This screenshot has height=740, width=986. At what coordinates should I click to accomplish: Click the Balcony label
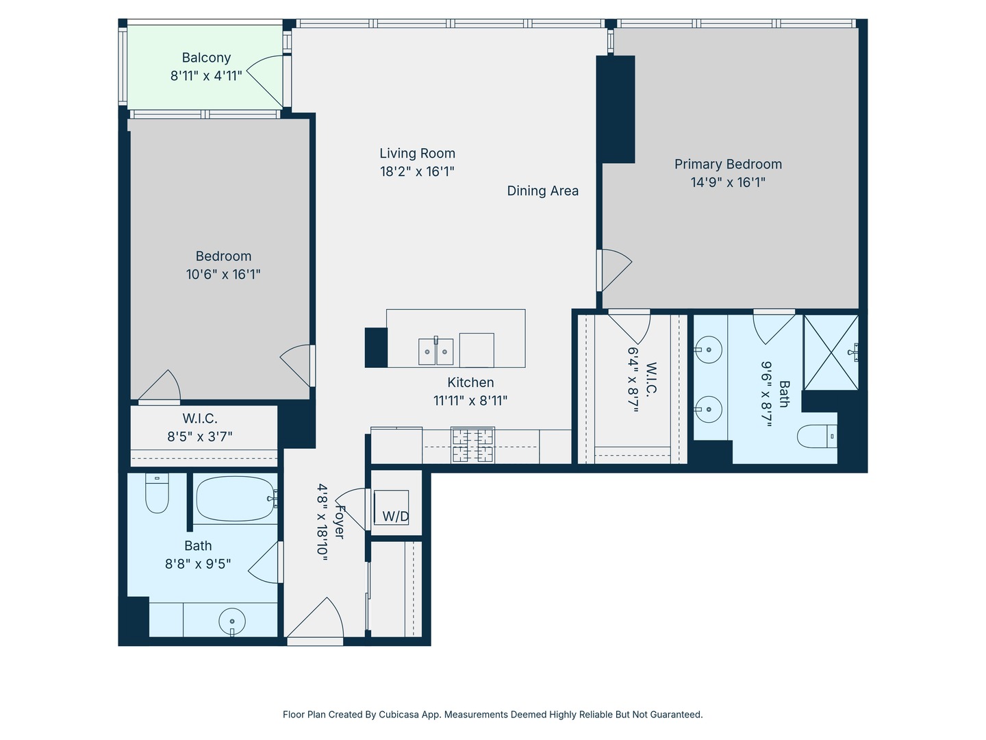(x=206, y=58)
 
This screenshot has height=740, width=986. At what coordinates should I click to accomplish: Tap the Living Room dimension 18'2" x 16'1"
(x=417, y=171)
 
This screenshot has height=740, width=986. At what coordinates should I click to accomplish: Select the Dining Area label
(x=542, y=191)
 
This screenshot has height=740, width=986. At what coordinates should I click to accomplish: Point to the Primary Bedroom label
(x=728, y=164)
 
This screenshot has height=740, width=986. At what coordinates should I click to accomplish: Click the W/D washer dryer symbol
(x=391, y=508)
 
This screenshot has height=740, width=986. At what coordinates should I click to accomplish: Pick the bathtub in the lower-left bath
(x=236, y=498)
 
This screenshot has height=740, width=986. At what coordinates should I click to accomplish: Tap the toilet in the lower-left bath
(x=157, y=493)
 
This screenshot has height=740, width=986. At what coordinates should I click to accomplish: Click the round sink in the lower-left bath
(x=232, y=622)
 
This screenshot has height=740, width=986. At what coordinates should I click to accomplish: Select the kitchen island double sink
(x=435, y=351)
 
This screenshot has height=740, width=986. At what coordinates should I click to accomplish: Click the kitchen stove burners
(x=472, y=445)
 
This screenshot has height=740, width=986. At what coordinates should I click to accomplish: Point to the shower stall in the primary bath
(x=831, y=352)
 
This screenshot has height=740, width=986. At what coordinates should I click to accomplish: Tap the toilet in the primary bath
(x=817, y=436)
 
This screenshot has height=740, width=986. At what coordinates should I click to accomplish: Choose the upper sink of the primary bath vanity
(x=709, y=349)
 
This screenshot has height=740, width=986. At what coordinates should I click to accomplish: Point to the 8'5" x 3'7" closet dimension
(x=200, y=436)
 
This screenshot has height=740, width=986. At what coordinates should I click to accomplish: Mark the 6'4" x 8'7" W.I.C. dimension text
(x=633, y=379)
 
